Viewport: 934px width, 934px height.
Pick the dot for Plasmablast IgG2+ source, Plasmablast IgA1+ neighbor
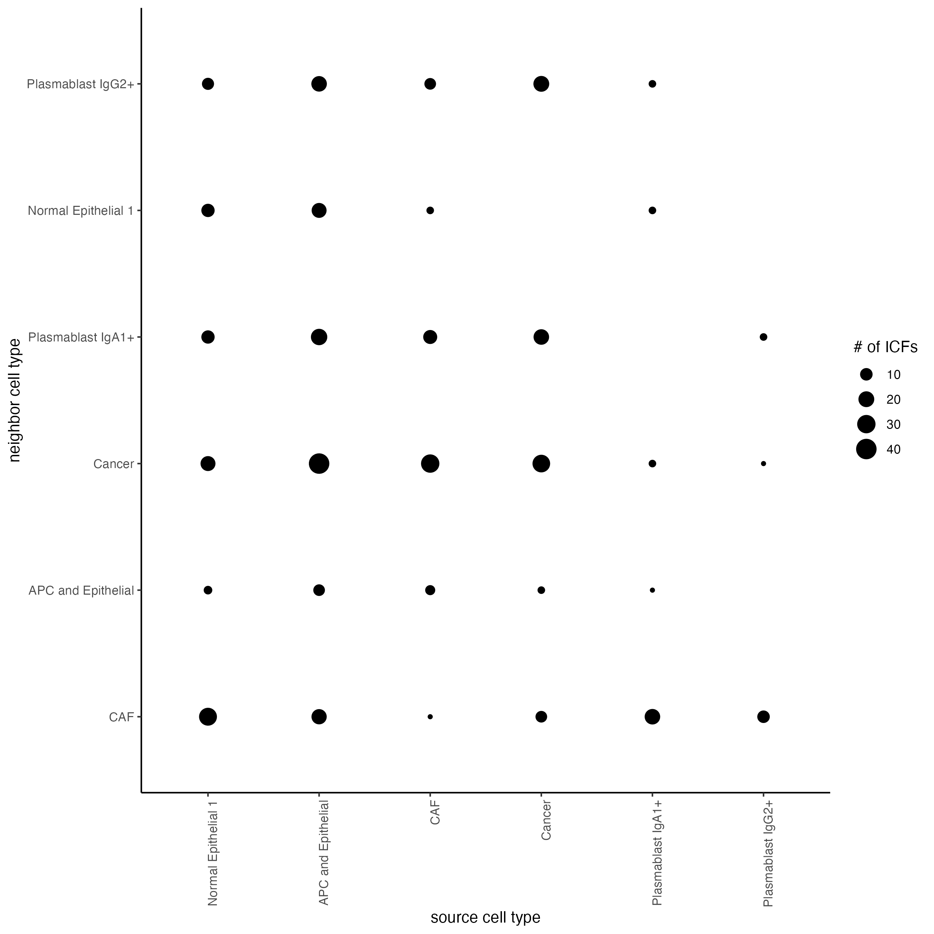pos(763,337)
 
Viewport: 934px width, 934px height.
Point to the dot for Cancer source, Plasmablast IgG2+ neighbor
pos(541,84)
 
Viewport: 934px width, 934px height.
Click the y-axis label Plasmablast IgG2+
pos(80,84)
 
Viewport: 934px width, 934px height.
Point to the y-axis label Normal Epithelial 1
pos(80,211)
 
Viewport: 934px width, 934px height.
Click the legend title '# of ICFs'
pos(885,347)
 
